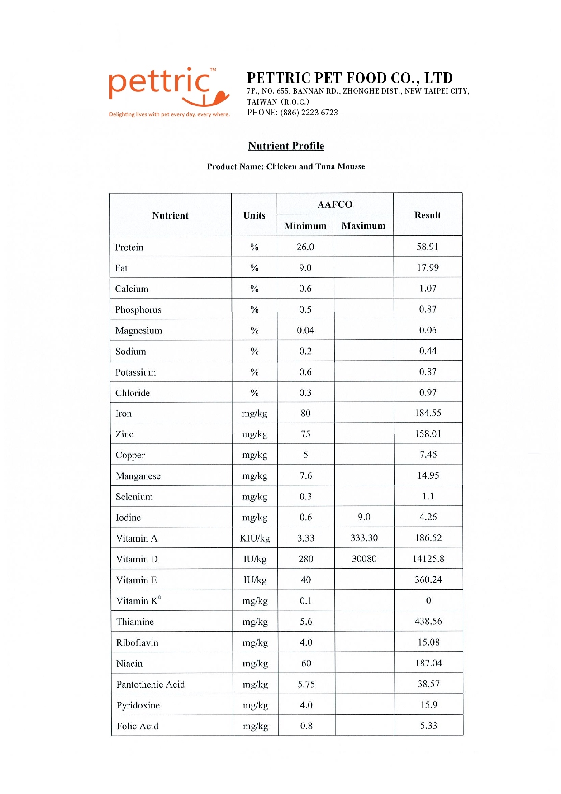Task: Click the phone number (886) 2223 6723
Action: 309,113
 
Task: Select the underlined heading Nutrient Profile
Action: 286,146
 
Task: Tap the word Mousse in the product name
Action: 351,166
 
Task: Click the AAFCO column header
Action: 335,204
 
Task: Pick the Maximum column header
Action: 363,226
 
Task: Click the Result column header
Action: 428,215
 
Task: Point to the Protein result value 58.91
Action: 428,247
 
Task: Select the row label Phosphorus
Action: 138,310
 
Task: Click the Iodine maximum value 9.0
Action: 364,517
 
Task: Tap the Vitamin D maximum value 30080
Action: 364,559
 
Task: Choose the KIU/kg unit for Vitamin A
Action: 255,538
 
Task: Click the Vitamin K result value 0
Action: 428,600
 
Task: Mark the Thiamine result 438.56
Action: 428,621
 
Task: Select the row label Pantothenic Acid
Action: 151,685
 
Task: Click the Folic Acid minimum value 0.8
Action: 306,726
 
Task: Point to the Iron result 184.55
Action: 428,413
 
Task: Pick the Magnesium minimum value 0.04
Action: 305,331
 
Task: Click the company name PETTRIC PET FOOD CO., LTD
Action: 350,78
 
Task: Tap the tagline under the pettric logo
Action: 169,114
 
